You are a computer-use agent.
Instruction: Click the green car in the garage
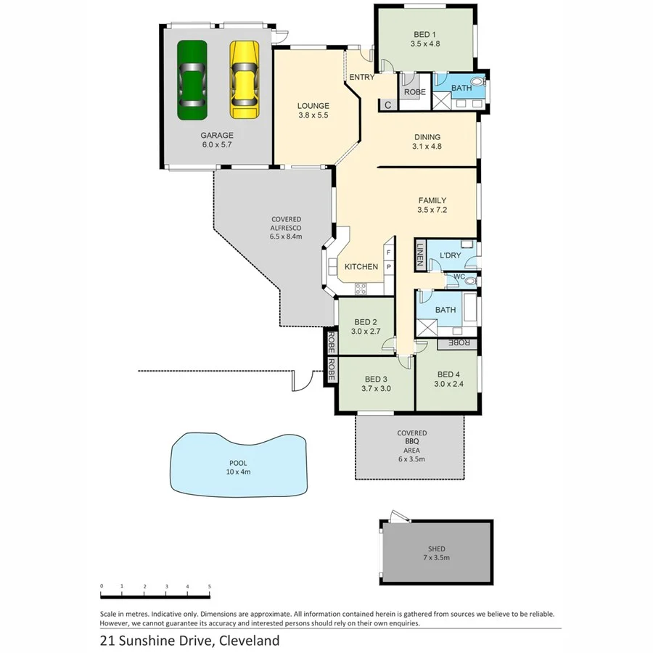click(192, 80)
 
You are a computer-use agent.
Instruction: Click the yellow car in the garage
click(244, 79)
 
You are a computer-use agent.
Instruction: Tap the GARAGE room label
click(217, 139)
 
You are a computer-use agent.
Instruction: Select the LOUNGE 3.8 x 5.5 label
click(313, 110)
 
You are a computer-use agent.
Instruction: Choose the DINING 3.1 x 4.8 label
click(427, 141)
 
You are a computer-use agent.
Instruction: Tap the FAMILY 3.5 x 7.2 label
click(432, 205)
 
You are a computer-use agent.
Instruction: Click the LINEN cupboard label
click(419, 254)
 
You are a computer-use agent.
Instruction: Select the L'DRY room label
click(450, 256)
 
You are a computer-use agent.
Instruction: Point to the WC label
click(459, 276)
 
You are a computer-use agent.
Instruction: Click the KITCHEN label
click(361, 267)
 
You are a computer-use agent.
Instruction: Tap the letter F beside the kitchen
click(388, 252)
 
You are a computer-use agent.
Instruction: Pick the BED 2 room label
click(366, 327)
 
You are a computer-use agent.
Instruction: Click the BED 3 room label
click(376, 384)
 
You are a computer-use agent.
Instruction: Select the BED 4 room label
click(448, 379)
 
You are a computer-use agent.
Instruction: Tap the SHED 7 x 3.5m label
click(436, 554)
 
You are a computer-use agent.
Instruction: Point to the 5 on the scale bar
click(210, 586)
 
